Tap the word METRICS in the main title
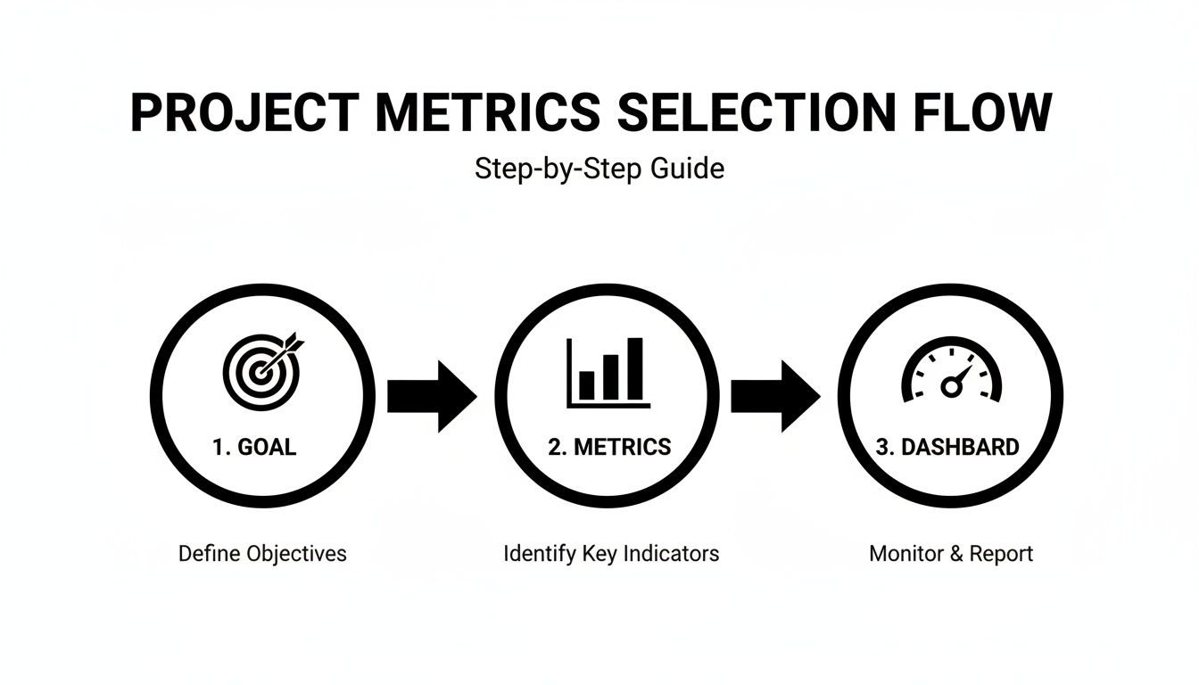[x=487, y=113]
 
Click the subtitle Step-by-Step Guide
[x=599, y=169]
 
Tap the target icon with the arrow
[x=260, y=369]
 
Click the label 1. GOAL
[x=254, y=447]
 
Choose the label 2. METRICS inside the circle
[x=609, y=447]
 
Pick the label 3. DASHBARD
[x=947, y=447]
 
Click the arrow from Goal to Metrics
[x=432, y=396]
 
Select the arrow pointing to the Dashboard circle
[x=775, y=396]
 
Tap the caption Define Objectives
[x=262, y=554]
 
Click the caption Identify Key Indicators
[x=611, y=554]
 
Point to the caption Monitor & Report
[x=951, y=554]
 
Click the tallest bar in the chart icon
[x=634, y=368]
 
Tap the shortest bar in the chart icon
[x=587, y=385]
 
